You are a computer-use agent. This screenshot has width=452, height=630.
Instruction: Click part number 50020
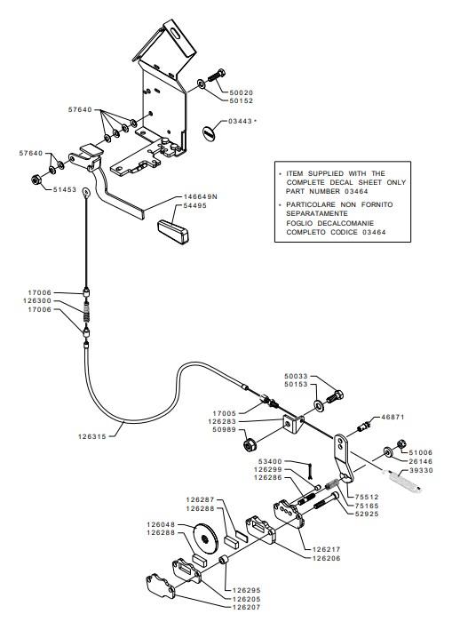pos(242,92)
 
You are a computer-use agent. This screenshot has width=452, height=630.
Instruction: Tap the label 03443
pos(240,121)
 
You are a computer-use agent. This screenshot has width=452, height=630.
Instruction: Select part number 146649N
pos(201,196)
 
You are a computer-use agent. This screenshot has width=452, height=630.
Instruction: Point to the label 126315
pos(92,436)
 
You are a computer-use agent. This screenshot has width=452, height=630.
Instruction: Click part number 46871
pos(393,417)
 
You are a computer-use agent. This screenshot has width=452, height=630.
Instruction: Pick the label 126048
pos(161,524)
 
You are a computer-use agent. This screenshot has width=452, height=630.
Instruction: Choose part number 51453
pos(65,189)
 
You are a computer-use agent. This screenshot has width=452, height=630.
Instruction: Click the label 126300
pos(37,300)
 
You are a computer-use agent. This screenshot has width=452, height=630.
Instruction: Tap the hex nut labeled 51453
pos(36,179)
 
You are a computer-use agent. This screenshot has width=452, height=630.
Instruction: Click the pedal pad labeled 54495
pos(172,231)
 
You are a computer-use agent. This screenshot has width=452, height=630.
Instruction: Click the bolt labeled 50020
pos(217,76)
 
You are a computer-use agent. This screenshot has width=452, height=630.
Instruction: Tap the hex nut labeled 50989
pos(250,445)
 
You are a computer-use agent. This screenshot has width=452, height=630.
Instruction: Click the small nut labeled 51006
pos(400,444)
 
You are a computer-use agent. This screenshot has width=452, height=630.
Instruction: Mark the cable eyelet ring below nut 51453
pos(85,192)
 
